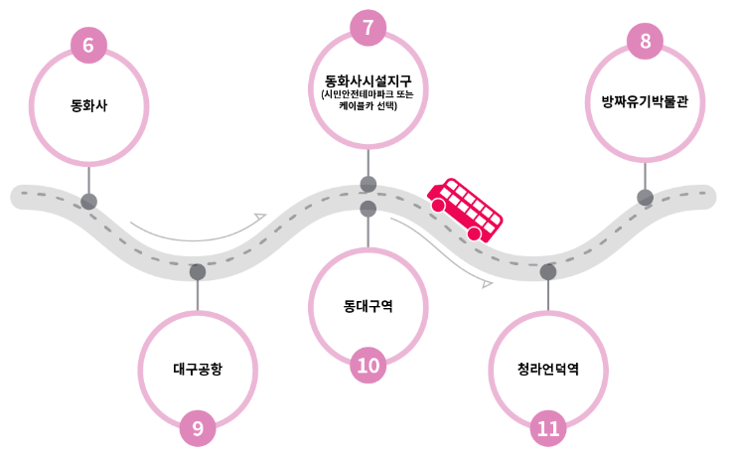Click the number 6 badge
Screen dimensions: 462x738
coord(88,46)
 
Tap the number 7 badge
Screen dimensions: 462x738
coord(368,27)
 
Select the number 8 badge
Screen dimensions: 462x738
coord(645,42)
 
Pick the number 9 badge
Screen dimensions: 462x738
coord(198,428)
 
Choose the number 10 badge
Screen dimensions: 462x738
coord(368,366)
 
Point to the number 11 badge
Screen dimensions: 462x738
coord(548,428)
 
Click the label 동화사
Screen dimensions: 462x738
coord(88,104)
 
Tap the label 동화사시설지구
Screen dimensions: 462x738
coord(368,79)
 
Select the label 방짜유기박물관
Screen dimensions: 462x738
coord(645,101)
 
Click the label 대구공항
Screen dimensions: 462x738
coord(198,369)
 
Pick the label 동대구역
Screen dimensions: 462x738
coord(368,306)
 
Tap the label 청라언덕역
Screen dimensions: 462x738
coord(548,369)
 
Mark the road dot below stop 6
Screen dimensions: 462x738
coord(89,202)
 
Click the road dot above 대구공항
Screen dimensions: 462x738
coord(198,271)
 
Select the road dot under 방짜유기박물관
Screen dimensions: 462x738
coord(645,197)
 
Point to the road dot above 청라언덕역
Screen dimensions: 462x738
coord(548,271)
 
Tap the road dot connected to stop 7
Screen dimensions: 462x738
coord(369,184)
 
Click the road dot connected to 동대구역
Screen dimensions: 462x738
coord(369,209)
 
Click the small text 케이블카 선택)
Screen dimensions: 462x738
coord(368,105)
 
